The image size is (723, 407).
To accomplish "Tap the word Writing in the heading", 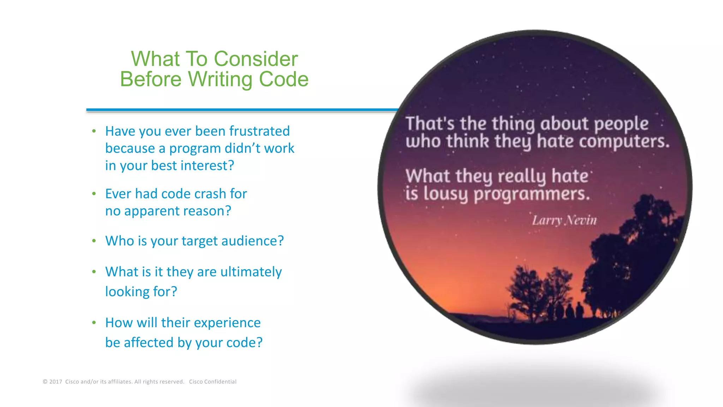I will [220, 79].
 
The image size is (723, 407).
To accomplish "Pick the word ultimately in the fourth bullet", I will [251, 272].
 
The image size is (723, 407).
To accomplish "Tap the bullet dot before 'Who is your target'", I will [94, 241].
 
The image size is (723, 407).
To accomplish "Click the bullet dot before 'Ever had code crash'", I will [94, 194].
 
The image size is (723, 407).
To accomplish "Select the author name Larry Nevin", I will [564, 220].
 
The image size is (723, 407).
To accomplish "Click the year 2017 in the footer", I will [56, 382].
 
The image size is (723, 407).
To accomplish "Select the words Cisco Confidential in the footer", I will [213, 382].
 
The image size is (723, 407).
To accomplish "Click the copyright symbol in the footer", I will [45, 382].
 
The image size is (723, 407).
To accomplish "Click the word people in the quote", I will [621, 124].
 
